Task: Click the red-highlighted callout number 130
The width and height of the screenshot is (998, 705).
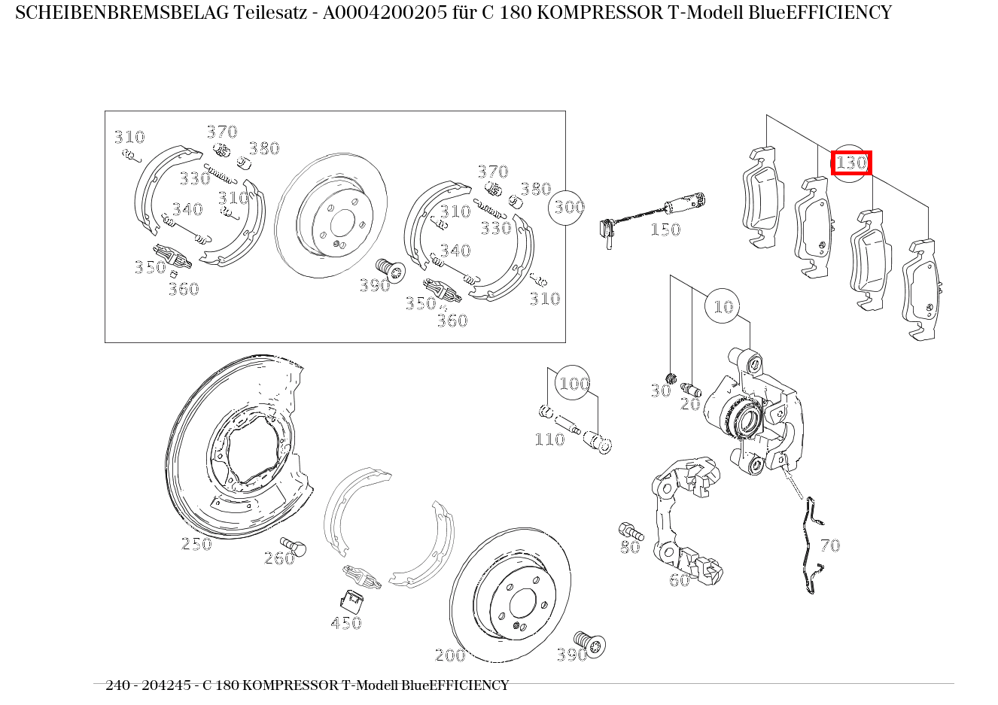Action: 851,163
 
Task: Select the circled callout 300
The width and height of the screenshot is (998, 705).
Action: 569,206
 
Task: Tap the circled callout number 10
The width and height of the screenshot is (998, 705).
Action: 723,306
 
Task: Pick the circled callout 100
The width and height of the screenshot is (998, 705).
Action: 574,384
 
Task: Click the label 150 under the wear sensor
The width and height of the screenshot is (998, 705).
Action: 665,229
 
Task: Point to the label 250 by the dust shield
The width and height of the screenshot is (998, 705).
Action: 196,544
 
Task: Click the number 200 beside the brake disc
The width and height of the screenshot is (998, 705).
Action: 450,655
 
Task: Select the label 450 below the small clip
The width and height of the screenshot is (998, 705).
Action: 346,623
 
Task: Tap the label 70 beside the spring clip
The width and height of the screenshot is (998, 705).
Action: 829,545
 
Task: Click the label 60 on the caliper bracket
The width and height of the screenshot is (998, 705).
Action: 679,580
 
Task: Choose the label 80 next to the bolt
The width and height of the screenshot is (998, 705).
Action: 630,548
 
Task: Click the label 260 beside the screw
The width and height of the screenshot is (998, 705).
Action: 278,558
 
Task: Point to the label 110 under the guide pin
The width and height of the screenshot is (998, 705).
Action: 549,439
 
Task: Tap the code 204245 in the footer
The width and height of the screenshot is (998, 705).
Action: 166,685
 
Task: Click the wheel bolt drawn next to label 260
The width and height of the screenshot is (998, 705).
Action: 294,545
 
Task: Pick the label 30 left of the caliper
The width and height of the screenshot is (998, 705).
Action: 660,390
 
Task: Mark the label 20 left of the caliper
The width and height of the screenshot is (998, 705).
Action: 690,404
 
